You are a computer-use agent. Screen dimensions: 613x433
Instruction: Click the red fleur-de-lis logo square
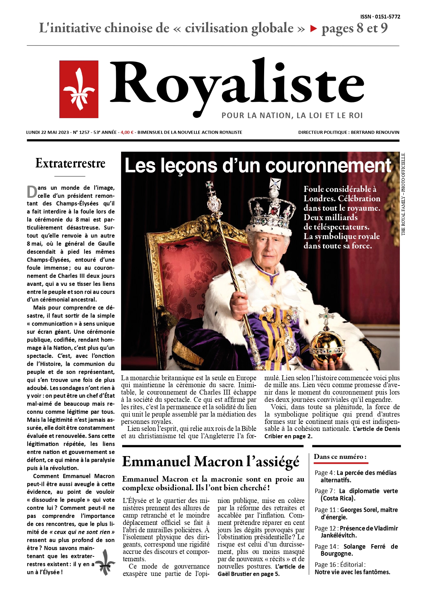point(79,89)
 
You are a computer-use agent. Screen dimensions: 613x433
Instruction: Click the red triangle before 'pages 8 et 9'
point(313,29)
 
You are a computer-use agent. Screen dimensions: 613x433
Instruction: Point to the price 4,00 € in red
point(127,132)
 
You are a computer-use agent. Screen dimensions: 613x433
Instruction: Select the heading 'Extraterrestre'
point(70,163)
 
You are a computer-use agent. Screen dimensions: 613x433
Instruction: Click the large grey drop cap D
point(32,192)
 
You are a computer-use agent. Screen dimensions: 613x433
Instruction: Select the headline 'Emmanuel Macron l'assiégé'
point(210,462)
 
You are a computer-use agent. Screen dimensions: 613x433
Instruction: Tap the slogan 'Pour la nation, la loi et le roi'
point(292,116)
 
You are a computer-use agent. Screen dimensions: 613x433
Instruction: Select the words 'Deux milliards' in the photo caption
point(330,217)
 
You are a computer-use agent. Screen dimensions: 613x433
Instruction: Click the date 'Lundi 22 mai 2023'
point(47,132)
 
